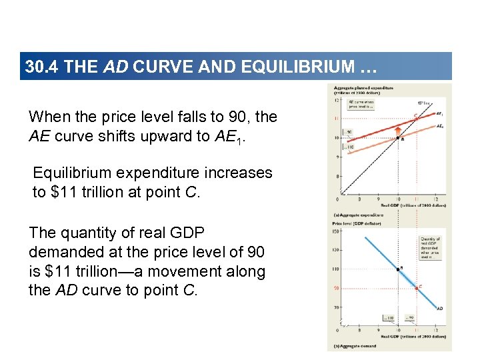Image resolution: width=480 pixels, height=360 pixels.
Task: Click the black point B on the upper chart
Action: click(x=399, y=138)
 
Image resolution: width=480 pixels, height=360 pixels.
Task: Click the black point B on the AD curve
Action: click(x=399, y=269)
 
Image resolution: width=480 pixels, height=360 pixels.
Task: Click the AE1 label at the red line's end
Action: click(x=439, y=113)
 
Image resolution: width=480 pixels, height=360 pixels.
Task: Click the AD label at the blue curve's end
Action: click(x=440, y=309)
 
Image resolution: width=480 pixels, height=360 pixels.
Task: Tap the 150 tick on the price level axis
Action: click(x=337, y=232)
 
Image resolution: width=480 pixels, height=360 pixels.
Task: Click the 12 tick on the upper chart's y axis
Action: click(x=337, y=100)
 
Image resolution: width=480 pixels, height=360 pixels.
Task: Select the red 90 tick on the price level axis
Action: click(x=337, y=288)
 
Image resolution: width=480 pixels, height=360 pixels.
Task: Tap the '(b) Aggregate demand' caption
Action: click(x=355, y=345)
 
